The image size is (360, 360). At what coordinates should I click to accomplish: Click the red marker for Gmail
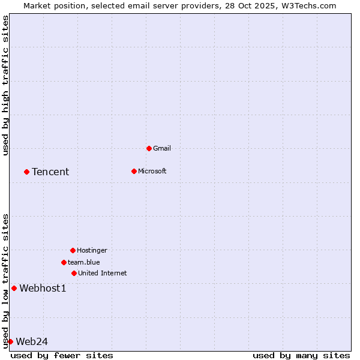149,148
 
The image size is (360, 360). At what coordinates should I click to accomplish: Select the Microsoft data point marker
134,171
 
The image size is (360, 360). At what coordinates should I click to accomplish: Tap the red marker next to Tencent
26,172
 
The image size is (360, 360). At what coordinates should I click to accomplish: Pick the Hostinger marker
73,250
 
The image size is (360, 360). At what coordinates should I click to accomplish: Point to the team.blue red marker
64,262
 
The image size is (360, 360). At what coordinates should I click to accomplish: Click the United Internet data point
74,273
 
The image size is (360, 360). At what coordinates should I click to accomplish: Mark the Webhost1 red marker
14,288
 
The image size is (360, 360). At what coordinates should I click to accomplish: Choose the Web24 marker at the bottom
10,341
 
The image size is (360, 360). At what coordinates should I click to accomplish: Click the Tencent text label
50,172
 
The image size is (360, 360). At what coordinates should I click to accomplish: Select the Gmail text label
162,148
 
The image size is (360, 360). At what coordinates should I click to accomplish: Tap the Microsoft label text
152,171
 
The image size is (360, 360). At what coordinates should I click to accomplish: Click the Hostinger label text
92,250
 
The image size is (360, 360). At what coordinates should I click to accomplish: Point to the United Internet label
102,273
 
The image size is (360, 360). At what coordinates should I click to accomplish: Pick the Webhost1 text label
43,288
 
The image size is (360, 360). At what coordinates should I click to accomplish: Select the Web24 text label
31,341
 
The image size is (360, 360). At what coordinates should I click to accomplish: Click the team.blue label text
83,262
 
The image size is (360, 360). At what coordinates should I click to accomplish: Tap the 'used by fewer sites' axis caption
62,355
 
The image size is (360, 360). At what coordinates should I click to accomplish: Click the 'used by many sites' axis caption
301,355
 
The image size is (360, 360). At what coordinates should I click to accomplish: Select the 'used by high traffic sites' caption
5,85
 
